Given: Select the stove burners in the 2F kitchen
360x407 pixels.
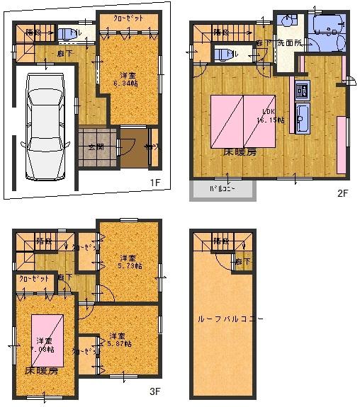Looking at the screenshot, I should (300, 90).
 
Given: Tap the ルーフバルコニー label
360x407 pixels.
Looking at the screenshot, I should (230, 319).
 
